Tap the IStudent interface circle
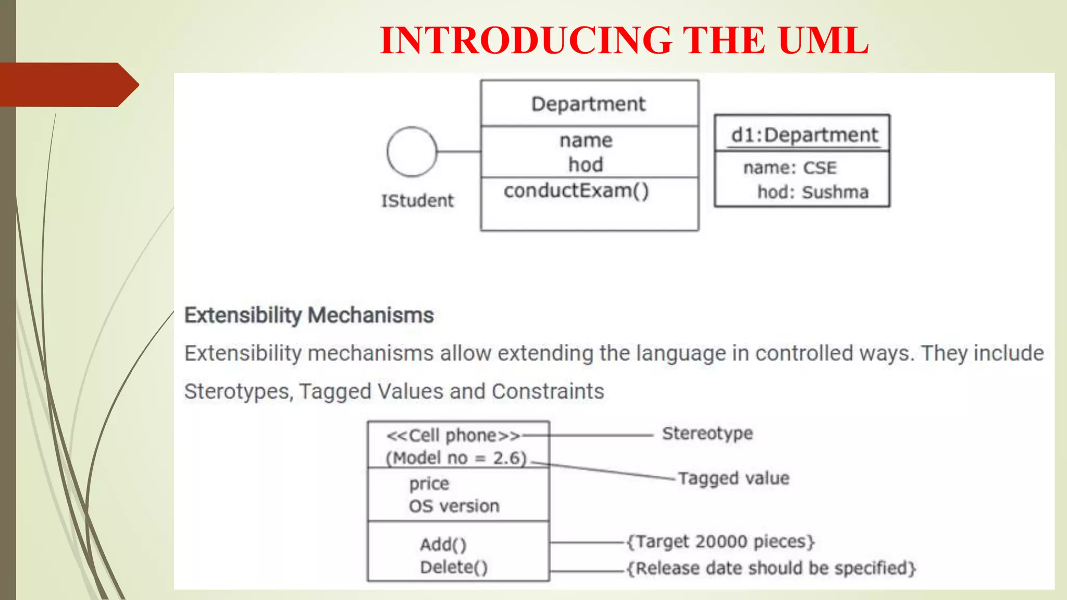[412, 152]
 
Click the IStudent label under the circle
[417, 201]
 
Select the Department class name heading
[588, 104]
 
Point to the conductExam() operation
[576, 191]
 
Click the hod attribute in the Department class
[586, 165]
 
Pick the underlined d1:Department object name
[804, 135]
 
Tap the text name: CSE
[789, 168]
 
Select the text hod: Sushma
[812, 192]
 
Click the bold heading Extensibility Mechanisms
[309, 316]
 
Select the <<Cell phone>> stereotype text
[453, 435]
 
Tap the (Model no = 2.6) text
[456, 458]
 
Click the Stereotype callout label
[707, 433]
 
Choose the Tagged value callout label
[733, 478]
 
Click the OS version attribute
[454, 506]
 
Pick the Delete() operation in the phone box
[454, 567]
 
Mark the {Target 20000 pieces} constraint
[720, 542]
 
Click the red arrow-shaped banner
[68, 85]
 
